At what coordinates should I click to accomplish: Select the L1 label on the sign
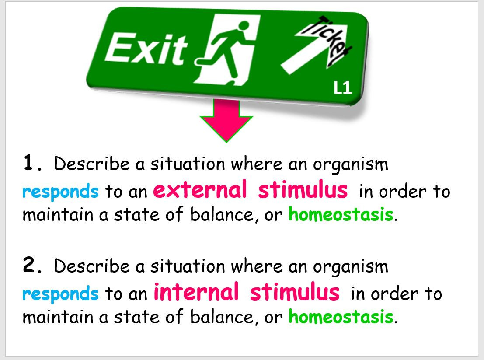click(x=342, y=89)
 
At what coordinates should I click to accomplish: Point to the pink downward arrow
click(x=226, y=120)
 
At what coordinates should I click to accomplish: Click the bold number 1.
click(x=33, y=164)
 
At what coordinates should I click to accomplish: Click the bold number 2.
click(x=33, y=266)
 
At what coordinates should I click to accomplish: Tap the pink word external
click(x=200, y=190)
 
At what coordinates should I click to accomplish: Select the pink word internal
click(x=196, y=292)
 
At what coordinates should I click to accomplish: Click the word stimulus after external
click(x=303, y=190)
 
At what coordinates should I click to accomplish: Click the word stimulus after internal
click(x=294, y=292)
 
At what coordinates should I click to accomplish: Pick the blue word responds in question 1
click(x=60, y=192)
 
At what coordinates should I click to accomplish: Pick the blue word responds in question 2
click(x=60, y=294)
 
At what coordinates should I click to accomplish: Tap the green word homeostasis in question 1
click(x=341, y=215)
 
